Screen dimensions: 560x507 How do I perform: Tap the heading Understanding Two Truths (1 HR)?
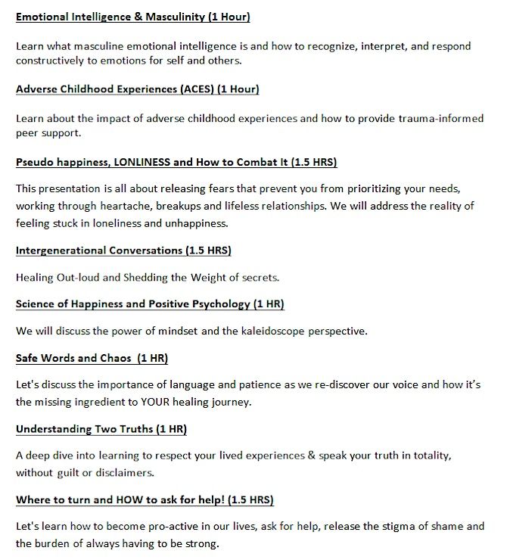[x=101, y=429]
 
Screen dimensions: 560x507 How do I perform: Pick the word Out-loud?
[x=78, y=277]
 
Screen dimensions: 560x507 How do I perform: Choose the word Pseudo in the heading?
[x=35, y=163]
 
